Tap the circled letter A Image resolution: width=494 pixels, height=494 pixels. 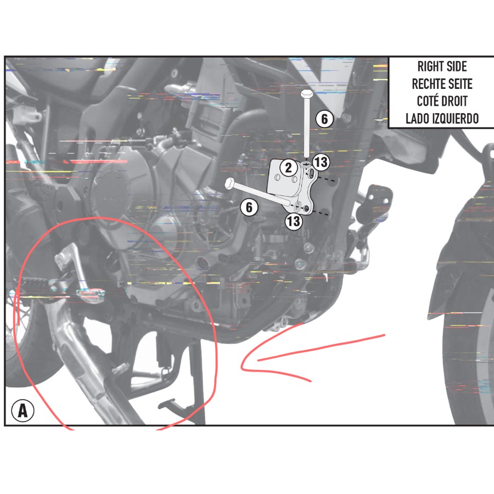(x=23, y=411)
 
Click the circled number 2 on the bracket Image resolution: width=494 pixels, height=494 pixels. (x=289, y=168)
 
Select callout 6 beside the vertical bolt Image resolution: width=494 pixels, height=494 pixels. (x=324, y=119)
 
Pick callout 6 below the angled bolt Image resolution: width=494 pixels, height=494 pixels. (x=249, y=207)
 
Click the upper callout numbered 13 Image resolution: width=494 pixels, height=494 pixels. (x=321, y=162)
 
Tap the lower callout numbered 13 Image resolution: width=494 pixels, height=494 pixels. (x=294, y=221)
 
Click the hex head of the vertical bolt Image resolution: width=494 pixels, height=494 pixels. (x=306, y=94)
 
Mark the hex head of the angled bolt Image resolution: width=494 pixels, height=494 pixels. (x=229, y=183)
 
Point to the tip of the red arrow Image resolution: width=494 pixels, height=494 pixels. (x=242, y=367)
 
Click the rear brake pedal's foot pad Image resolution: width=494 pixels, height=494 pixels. (x=91, y=295)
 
